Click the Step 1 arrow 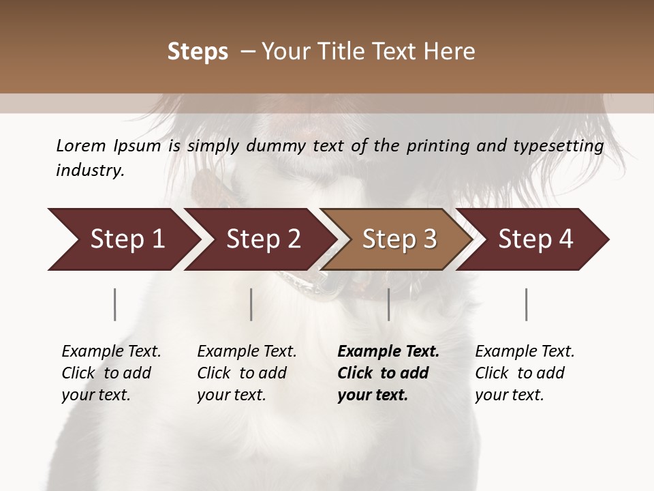pos(123,239)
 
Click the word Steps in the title pos(198,51)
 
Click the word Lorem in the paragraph pos(80,145)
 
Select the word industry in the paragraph pos(90,170)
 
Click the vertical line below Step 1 pos(115,304)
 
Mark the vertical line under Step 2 pos(251,304)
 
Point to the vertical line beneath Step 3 pos(389,304)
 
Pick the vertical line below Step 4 pos(527,304)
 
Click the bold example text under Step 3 pos(388,373)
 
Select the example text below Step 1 pos(111,373)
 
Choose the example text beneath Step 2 pos(247,373)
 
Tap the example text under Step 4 pos(525,373)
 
